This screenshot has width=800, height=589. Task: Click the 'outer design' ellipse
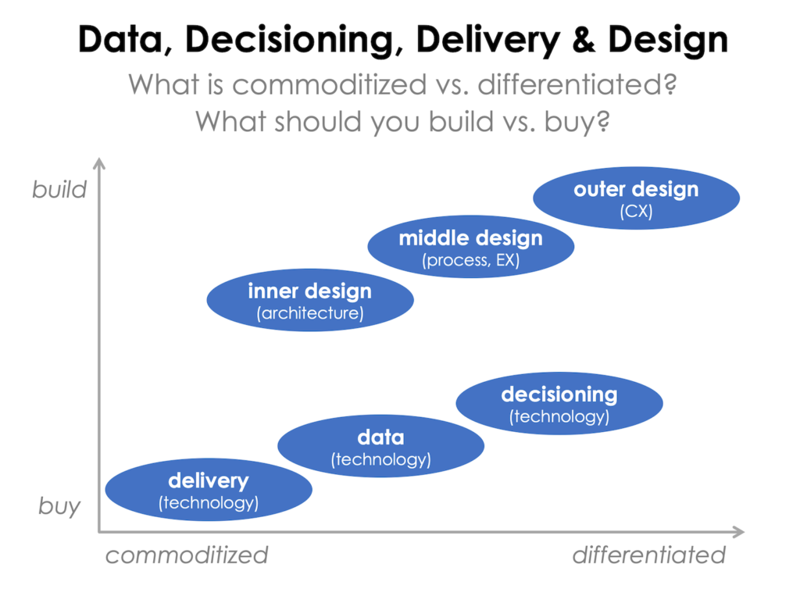[x=636, y=198]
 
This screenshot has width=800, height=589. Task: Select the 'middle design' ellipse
[x=470, y=248]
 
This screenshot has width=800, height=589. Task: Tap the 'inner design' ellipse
[x=309, y=301]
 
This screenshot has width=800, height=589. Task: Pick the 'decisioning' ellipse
[x=559, y=404]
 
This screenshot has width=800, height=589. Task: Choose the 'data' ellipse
[x=380, y=446]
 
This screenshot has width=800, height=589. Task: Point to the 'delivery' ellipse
[x=208, y=491]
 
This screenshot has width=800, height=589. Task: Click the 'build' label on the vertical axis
[x=59, y=190]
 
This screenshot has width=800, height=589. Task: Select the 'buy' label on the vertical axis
[x=59, y=506]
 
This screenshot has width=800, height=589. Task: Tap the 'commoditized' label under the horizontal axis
[x=187, y=555]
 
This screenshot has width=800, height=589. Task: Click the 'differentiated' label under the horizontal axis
[x=648, y=555]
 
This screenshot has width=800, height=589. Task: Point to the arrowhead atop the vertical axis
[x=98, y=162]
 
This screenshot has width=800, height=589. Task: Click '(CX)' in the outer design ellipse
[x=636, y=212]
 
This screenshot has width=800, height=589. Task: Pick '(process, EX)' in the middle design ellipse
[x=470, y=261]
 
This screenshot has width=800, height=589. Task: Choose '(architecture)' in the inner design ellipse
[x=309, y=314]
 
